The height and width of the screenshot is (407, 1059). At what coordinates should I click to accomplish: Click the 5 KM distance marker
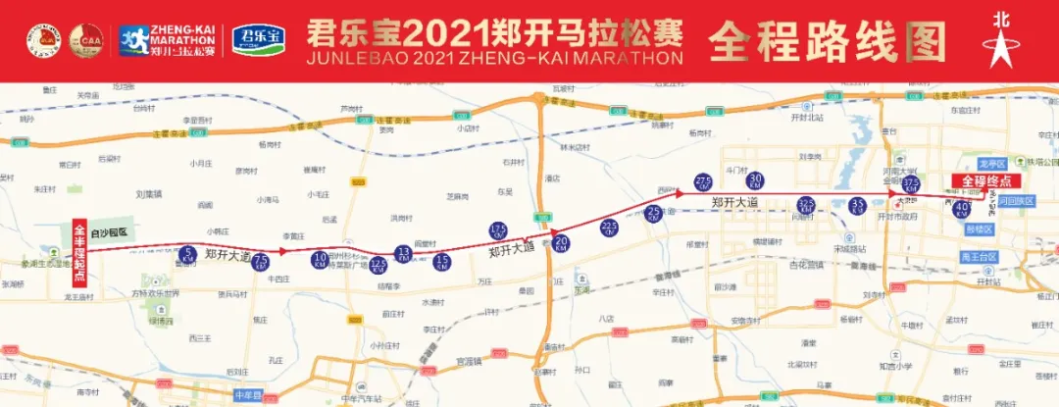point(189,256)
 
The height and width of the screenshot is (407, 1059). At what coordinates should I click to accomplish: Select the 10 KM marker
point(320,260)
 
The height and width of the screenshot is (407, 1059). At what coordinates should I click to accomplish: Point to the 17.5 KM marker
point(497,231)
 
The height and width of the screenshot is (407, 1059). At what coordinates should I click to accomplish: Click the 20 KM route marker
point(562,242)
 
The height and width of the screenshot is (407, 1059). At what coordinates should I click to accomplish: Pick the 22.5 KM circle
point(609,228)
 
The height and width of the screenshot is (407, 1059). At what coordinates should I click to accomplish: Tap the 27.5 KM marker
point(703,183)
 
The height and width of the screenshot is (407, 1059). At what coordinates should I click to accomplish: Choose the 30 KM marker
point(756,180)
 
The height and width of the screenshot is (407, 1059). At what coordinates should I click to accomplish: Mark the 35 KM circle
point(858,206)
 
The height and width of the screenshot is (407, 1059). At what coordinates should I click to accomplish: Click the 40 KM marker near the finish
point(962,208)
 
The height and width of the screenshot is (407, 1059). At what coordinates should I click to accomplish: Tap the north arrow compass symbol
point(1001,38)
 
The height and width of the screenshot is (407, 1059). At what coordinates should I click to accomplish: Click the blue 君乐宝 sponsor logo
point(258,39)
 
